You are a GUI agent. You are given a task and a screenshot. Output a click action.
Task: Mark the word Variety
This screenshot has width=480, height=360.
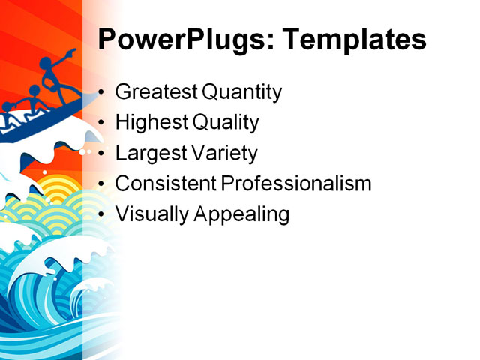pyautogui.click(x=223, y=153)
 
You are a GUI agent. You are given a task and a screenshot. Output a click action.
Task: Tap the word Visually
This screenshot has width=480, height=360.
pyautogui.click(x=152, y=214)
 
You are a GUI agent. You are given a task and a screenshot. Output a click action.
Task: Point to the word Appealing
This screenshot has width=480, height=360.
pyautogui.click(x=242, y=214)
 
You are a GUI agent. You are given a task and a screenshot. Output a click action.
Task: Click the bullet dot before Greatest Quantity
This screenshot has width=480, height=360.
pyautogui.click(x=102, y=94)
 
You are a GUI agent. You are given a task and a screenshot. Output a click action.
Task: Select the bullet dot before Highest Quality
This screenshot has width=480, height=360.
pyautogui.click(x=102, y=124)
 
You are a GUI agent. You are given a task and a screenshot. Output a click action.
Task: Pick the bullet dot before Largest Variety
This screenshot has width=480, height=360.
pyautogui.click(x=102, y=154)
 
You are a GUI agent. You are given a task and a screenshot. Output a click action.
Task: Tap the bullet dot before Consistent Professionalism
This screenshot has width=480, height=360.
pyautogui.click(x=102, y=184)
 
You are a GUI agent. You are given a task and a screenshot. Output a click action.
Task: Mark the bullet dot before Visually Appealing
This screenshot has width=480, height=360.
pyautogui.click(x=102, y=214)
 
